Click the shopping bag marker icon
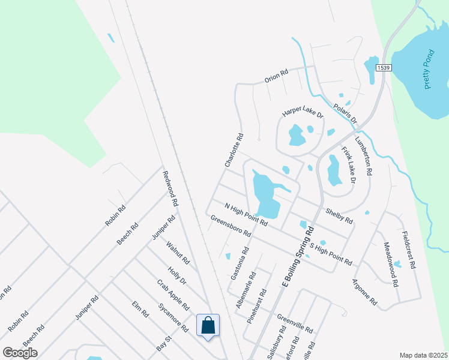[x=208, y=326]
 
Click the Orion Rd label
[x=277, y=77]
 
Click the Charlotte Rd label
[x=234, y=150]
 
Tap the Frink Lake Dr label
[x=349, y=164]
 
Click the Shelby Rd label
[x=339, y=216]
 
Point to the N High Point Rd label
[x=246, y=214]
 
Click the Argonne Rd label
[x=364, y=294]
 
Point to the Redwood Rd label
[x=170, y=188]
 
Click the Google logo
[x=20, y=352]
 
